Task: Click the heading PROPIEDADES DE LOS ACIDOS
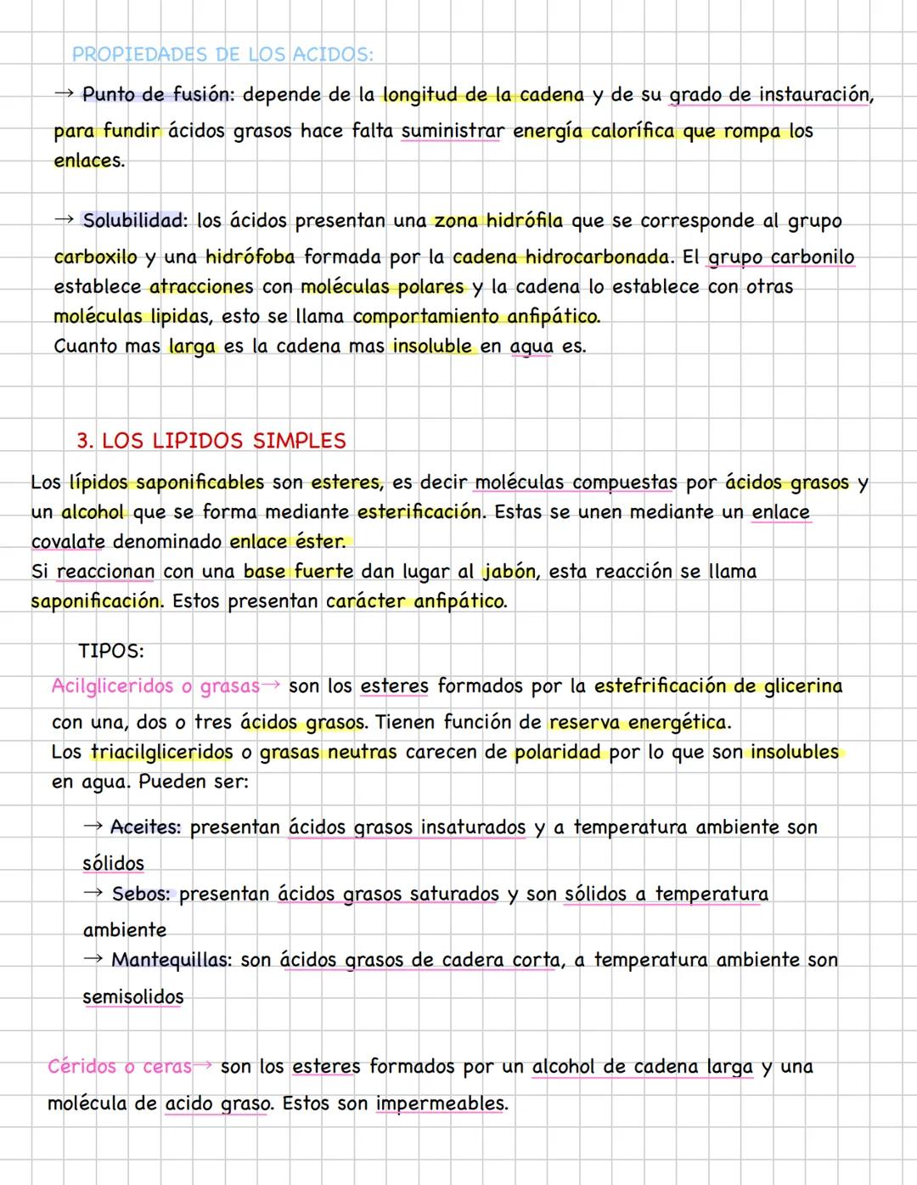coord(222,54)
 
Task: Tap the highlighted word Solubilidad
coord(134,221)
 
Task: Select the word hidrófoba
coord(250,257)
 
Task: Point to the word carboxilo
coord(95,257)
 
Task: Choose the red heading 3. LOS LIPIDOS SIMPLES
coord(211,441)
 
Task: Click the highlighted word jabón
coord(510,572)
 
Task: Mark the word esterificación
coord(419,512)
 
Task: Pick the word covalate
coord(68,542)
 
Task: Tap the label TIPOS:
coord(111,652)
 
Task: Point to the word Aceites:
coord(145,827)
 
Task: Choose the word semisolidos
coord(132,997)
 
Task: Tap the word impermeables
coord(441,1103)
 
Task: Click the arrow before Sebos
coord(93,894)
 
